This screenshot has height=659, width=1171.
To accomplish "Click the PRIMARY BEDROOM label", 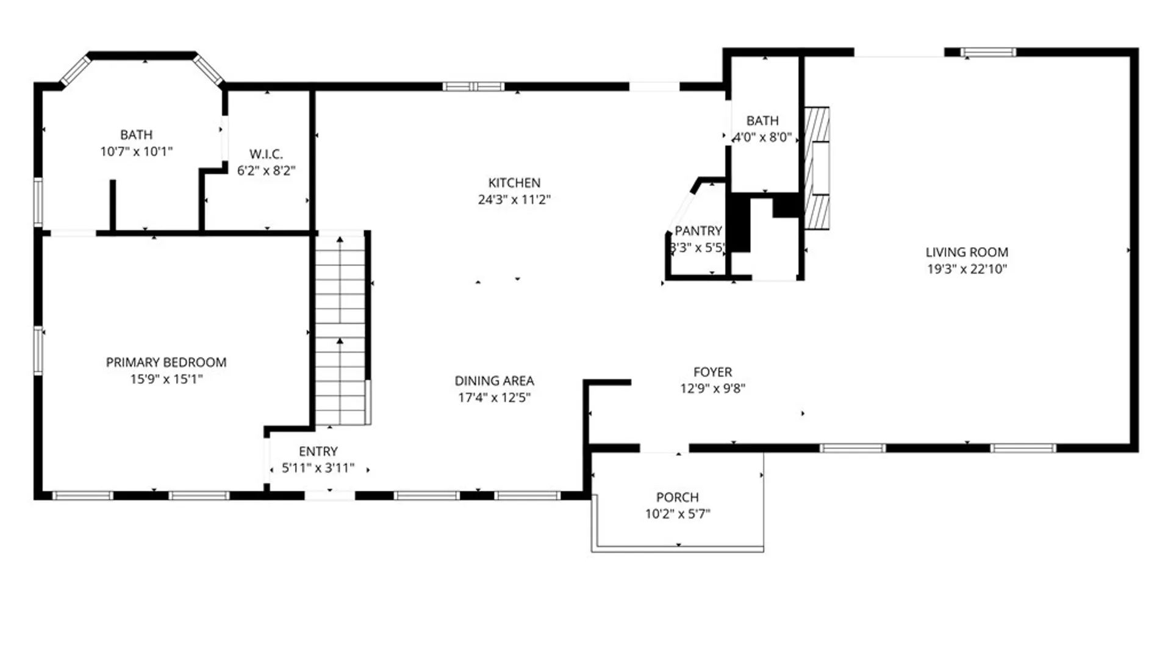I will (166, 362).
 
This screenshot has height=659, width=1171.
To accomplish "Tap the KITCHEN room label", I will (514, 183).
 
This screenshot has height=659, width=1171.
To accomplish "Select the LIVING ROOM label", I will (967, 252).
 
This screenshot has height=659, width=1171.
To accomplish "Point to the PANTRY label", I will (698, 231).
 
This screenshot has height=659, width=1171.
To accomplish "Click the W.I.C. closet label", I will (266, 154).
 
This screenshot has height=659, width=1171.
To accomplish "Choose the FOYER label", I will (712, 372).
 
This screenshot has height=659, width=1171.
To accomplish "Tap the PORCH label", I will (677, 497).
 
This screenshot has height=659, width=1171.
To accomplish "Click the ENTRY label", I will (318, 452).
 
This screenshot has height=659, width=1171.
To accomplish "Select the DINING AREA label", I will (494, 381).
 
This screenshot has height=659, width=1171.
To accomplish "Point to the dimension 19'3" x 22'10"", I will (967, 269).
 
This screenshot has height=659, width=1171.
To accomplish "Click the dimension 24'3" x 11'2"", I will (514, 200).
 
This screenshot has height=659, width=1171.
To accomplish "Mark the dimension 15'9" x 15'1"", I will (166, 379).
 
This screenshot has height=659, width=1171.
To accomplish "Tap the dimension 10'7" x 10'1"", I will (136, 151).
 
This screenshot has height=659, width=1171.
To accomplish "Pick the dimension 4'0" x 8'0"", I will (762, 137).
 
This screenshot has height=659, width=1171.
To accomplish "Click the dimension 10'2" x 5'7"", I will (677, 514).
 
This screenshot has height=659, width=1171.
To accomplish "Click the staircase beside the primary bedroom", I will (340, 329).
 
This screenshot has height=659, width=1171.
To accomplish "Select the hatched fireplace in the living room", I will (817, 168).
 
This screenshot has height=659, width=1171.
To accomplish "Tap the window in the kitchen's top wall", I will (473, 87).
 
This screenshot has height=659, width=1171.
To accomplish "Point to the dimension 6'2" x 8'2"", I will (266, 171).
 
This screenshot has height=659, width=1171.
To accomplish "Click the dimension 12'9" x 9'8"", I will (712, 389).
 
